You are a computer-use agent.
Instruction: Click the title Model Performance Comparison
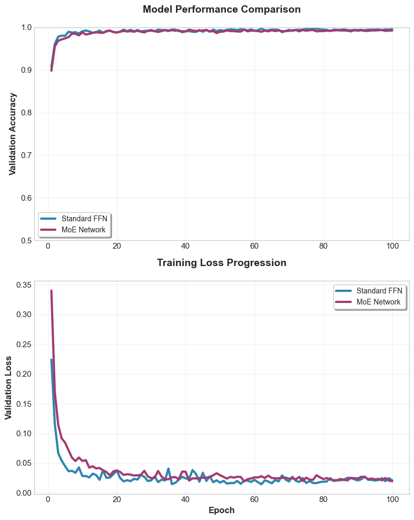tap(222, 9)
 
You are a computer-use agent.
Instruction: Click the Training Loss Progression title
tap(222, 263)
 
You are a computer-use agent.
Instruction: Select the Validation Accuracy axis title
tap(13, 134)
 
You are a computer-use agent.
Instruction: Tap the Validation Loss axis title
tap(9, 387)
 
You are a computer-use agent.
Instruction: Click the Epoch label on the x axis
tap(222, 510)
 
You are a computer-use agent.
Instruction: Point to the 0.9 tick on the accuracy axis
tap(25, 70)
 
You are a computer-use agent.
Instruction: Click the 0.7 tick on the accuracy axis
tap(25, 155)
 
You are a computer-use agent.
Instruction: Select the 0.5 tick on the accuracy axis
tap(25, 241)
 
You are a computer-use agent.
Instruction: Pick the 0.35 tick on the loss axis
tap(24, 285)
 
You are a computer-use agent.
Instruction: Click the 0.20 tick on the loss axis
tap(24, 374)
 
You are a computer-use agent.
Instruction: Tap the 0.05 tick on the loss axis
tap(24, 464)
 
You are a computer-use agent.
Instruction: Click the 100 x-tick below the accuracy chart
tap(392, 246)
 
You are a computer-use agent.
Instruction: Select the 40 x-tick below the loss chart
tap(185, 499)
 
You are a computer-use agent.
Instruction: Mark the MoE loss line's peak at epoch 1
tap(51, 290)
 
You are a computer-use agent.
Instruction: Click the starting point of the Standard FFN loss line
tap(51, 360)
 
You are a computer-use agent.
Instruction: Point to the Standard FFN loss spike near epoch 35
tap(169, 468)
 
